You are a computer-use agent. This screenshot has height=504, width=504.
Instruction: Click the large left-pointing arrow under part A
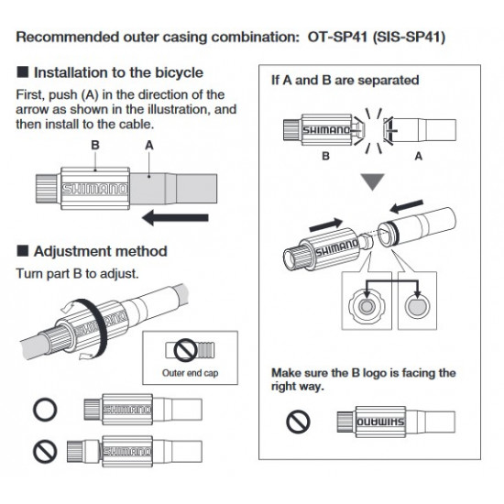(175, 218)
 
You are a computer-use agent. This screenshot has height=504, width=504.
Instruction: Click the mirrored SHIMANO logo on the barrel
(380, 422)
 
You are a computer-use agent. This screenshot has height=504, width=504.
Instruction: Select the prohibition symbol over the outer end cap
(185, 350)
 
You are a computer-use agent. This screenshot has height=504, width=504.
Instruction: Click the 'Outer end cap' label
(191, 373)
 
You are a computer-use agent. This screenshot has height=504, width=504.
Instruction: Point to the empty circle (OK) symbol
(45, 410)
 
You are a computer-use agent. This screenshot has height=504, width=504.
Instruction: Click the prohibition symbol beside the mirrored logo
(298, 422)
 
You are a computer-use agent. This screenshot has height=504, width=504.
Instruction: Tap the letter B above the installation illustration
(95, 145)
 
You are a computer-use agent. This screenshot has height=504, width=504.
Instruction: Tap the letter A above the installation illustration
(149, 146)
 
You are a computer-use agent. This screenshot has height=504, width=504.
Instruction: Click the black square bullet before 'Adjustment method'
(23, 251)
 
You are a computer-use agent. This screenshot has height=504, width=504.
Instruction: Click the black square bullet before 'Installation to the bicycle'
(23, 72)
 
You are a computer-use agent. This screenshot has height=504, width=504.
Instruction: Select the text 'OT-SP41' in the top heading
(337, 37)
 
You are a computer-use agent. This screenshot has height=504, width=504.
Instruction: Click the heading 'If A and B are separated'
(345, 80)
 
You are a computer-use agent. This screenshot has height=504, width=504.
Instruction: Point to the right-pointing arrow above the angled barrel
(326, 225)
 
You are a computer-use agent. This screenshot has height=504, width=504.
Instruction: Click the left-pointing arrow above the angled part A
(407, 206)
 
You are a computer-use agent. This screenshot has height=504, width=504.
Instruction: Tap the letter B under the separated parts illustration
(325, 156)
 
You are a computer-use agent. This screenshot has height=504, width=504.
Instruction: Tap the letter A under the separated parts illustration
(418, 156)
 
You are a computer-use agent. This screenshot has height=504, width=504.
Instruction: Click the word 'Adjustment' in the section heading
(77, 251)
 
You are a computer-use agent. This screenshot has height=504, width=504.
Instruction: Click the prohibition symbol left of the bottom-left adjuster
(45, 451)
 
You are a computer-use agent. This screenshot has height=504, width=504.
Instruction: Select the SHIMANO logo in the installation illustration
(94, 189)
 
